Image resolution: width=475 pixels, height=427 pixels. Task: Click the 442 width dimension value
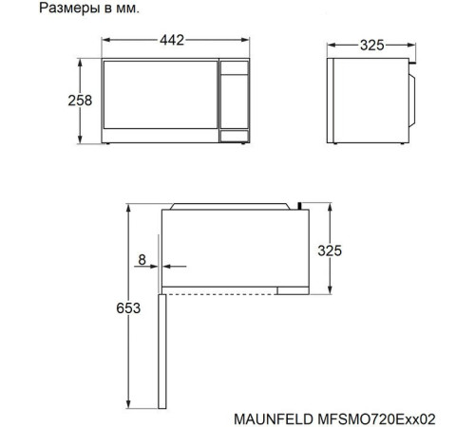[171, 41]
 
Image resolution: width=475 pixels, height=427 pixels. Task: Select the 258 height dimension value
[80, 101]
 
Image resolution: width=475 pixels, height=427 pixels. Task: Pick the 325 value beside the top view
[330, 251]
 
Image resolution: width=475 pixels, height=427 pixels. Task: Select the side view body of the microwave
[366, 100]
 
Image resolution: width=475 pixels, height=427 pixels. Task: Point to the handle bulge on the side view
[413, 100]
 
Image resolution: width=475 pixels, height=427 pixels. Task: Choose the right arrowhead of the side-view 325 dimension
[411, 46]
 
